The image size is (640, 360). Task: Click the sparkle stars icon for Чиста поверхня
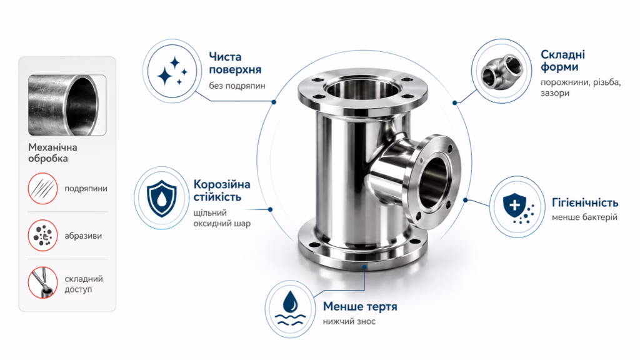[x=172, y=71]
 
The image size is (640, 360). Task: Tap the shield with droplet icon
[x=162, y=198]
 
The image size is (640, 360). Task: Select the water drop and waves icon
[x=290, y=309]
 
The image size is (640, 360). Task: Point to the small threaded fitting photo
[x=502, y=71]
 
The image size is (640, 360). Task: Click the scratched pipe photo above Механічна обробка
[x=67, y=105]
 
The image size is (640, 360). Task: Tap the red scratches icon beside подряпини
[x=43, y=188]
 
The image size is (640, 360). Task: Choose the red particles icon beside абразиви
[x=43, y=236]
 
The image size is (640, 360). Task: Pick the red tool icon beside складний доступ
[x=43, y=282]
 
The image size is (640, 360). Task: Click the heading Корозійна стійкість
[x=222, y=191]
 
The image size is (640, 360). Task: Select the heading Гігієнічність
[x=585, y=202]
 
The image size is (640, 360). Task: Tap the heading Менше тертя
[x=360, y=306]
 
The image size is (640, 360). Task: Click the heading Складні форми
[x=562, y=61]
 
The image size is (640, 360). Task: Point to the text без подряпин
[x=237, y=86]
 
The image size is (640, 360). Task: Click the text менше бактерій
[x=584, y=217]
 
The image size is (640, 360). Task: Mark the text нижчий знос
[x=349, y=321]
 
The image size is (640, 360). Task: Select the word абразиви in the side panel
[x=83, y=236]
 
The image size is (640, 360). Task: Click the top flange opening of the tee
[x=362, y=89]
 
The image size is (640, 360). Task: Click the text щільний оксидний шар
[x=222, y=218]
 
